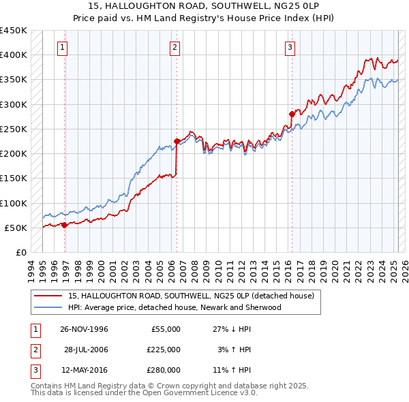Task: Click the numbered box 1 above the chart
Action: [x=62, y=47]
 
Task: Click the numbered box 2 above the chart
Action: [x=175, y=47]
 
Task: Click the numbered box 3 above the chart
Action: [x=290, y=47]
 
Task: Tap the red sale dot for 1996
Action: [x=65, y=225]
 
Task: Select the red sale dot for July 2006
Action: [x=177, y=141]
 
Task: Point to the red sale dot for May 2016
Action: [x=292, y=114]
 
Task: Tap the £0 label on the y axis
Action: [x=20, y=252]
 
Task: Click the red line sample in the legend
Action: [x=48, y=296]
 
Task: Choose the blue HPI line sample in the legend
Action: [x=48, y=307]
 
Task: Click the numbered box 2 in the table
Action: [x=33, y=350]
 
